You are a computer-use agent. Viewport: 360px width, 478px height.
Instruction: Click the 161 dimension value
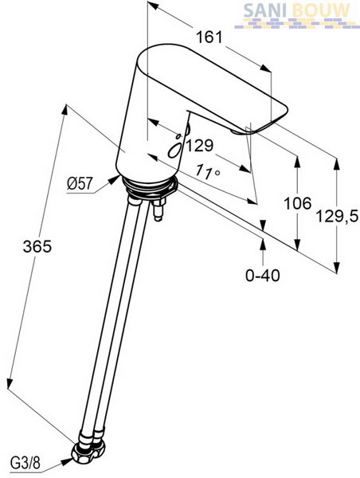pos(209,37)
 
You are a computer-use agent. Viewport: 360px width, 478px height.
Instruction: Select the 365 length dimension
pos(37,246)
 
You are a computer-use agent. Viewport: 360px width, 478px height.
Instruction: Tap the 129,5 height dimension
pos(337,217)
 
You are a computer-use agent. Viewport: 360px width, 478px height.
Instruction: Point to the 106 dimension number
pos(298,203)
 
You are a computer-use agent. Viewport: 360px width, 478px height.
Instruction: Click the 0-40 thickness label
pos(263,276)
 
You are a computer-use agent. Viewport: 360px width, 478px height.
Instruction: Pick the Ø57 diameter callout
pos(80,184)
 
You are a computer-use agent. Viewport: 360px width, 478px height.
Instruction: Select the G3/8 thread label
pos(25,464)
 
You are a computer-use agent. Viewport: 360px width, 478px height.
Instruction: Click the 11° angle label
pos(207,172)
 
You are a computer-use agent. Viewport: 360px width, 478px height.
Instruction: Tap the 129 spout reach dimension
pos(200,146)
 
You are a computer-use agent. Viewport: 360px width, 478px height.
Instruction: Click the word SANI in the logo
pos(265,10)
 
